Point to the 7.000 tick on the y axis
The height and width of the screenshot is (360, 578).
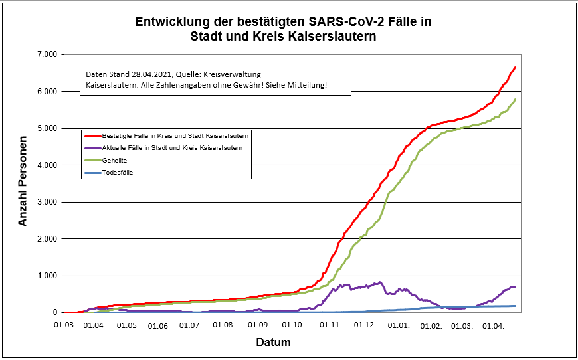tap(47, 54)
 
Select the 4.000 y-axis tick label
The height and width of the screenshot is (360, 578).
tap(47, 165)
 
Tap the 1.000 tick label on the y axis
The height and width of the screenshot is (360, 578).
tap(47, 276)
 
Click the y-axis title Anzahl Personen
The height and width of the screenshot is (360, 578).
tap(23, 183)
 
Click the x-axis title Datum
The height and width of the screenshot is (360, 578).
tap(273, 343)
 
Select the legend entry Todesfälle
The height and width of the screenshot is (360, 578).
tap(119, 173)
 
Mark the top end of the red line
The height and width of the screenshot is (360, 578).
tap(515, 68)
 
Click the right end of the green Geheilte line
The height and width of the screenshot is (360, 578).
tap(516, 100)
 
